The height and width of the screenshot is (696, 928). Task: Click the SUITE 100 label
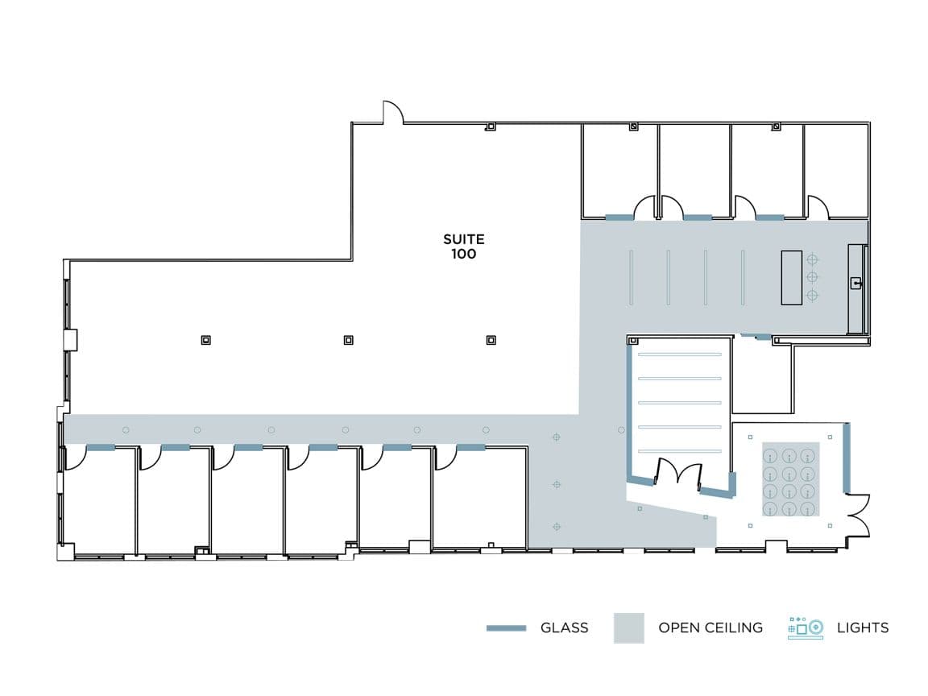coord(464,246)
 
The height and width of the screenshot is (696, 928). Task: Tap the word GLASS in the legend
coord(564,628)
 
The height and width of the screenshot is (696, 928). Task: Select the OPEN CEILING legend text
coord(710,628)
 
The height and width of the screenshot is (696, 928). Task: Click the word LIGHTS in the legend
coord(862,628)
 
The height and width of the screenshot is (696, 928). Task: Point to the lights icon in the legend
coord(805,628)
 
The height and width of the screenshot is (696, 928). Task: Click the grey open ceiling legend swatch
coord(628,628)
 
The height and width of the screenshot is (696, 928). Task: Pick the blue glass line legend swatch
coord(506,628)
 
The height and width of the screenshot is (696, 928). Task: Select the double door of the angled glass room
coord(678,472)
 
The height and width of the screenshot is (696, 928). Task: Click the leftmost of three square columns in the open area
coord(206,340)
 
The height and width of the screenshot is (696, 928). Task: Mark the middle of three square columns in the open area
coord(349,340)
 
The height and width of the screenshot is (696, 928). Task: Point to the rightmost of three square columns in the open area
coord(491,340)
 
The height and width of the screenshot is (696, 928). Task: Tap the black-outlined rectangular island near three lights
coord(792,277)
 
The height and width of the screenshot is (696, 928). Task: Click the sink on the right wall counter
coord(855,282)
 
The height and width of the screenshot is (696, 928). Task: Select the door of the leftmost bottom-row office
coord(76,458)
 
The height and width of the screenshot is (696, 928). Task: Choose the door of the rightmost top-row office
coord(817,207)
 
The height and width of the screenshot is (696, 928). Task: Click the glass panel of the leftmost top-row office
coord(619,217)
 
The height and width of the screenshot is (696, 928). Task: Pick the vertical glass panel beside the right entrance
coord(847,459)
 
